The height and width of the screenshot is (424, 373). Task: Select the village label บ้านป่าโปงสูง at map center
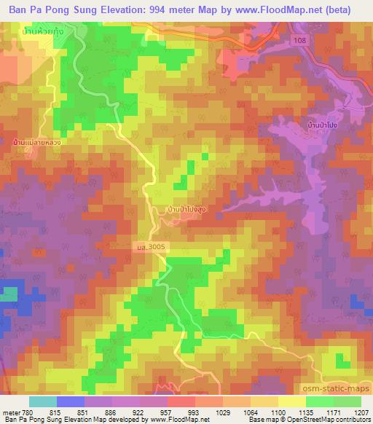tap(191, 208)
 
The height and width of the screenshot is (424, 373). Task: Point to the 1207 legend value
tap(361, 413)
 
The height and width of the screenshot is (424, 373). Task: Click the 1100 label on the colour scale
tap(276, 413)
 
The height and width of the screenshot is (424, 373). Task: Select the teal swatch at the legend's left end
tap(43, 401)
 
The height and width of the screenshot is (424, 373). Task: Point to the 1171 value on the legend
tap(331, 413)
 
